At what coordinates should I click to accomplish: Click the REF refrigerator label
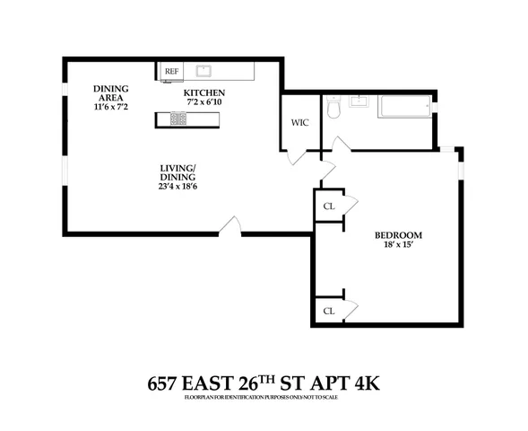coord(170,69)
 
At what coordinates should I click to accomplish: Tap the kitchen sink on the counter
coord(203,69)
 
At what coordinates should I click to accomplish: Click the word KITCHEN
coord(203,92)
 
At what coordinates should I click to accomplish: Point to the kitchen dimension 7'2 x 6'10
coord(203,102)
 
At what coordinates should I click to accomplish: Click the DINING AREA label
coord(113,92)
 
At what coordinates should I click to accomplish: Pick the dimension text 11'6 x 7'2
coord(113,107)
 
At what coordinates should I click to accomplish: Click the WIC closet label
coord(299,123)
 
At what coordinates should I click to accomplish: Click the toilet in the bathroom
coord(333,108)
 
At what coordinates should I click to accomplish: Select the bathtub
coord(403,109)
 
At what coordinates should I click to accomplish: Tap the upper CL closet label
coord(328,206)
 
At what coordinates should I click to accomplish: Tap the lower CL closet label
coord(328,310)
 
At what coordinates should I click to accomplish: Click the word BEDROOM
coord(398,236)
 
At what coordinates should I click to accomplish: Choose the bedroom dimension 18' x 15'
coord(398,247)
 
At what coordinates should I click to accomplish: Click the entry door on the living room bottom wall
coord(230,227)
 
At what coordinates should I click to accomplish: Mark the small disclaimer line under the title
coord(264,397)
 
